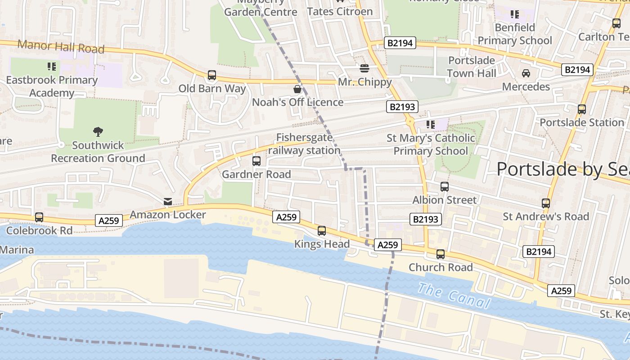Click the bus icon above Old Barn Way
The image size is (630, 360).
212,75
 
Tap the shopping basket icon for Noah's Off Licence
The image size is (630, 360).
297,89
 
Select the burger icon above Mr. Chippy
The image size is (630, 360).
364,68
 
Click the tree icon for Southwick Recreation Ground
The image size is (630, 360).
98,132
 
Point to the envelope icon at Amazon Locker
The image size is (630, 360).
168,202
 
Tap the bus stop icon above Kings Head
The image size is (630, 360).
322,231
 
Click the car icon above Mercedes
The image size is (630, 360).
526,73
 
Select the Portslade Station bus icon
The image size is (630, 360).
582,109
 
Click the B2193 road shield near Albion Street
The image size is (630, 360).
425,219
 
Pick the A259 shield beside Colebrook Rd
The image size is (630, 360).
109,220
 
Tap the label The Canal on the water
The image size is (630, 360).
453,296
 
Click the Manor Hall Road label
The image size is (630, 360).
61,46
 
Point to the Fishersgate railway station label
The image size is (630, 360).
304,144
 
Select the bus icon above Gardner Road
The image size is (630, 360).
256,161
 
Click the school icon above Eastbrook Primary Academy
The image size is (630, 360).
52,67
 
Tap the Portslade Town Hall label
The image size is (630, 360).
472,67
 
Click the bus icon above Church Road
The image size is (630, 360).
441,254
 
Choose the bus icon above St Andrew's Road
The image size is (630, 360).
546,203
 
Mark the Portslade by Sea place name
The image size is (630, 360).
562,169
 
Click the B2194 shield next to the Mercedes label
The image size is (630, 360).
577,70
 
